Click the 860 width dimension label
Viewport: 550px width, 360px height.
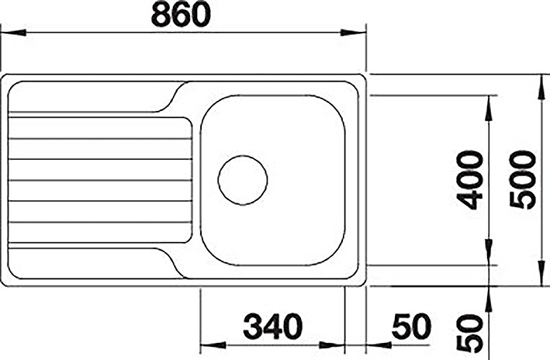tap(181, 16)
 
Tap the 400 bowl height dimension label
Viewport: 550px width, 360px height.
tap(471, 180)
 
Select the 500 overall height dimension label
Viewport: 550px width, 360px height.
tap(523, 180)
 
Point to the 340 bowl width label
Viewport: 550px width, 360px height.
tap(272, 327)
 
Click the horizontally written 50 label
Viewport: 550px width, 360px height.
tap(411, 327)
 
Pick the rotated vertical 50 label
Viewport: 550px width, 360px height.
tap(470, 334)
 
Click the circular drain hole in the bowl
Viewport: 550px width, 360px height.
tap(242, 180)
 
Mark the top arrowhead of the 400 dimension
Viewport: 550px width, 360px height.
tap(488, 108)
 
